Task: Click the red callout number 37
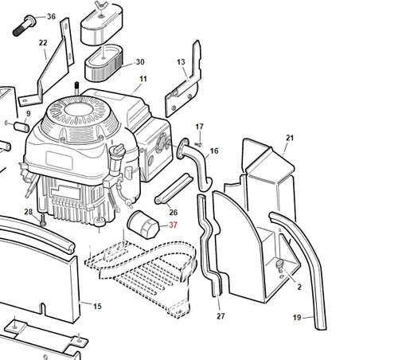click(x=173, y=225)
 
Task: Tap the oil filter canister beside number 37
click(x=143, y=225)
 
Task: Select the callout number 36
click(x=51, y=17)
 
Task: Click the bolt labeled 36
click(x=23, y=26)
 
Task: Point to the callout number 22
click(x=43, y=42)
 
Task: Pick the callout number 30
click(x=140, y=62)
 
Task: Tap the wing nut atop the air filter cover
click(x=100, y=6)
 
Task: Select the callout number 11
click(x=143, y=79)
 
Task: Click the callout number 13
click(x=181, y=62)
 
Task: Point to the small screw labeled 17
click(x=198, y=144)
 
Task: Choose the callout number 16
click(x=214, y=151)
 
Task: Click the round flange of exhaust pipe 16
click(x=183, y=149)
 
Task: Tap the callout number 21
click(x=290, y=138)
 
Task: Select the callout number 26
click(x=174, y=212)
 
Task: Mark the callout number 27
click(x=220, y=316)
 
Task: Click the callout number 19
click(x=297, y=317)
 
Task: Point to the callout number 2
click(x=299, y=287)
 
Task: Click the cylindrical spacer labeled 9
click(x=21, y=127)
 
